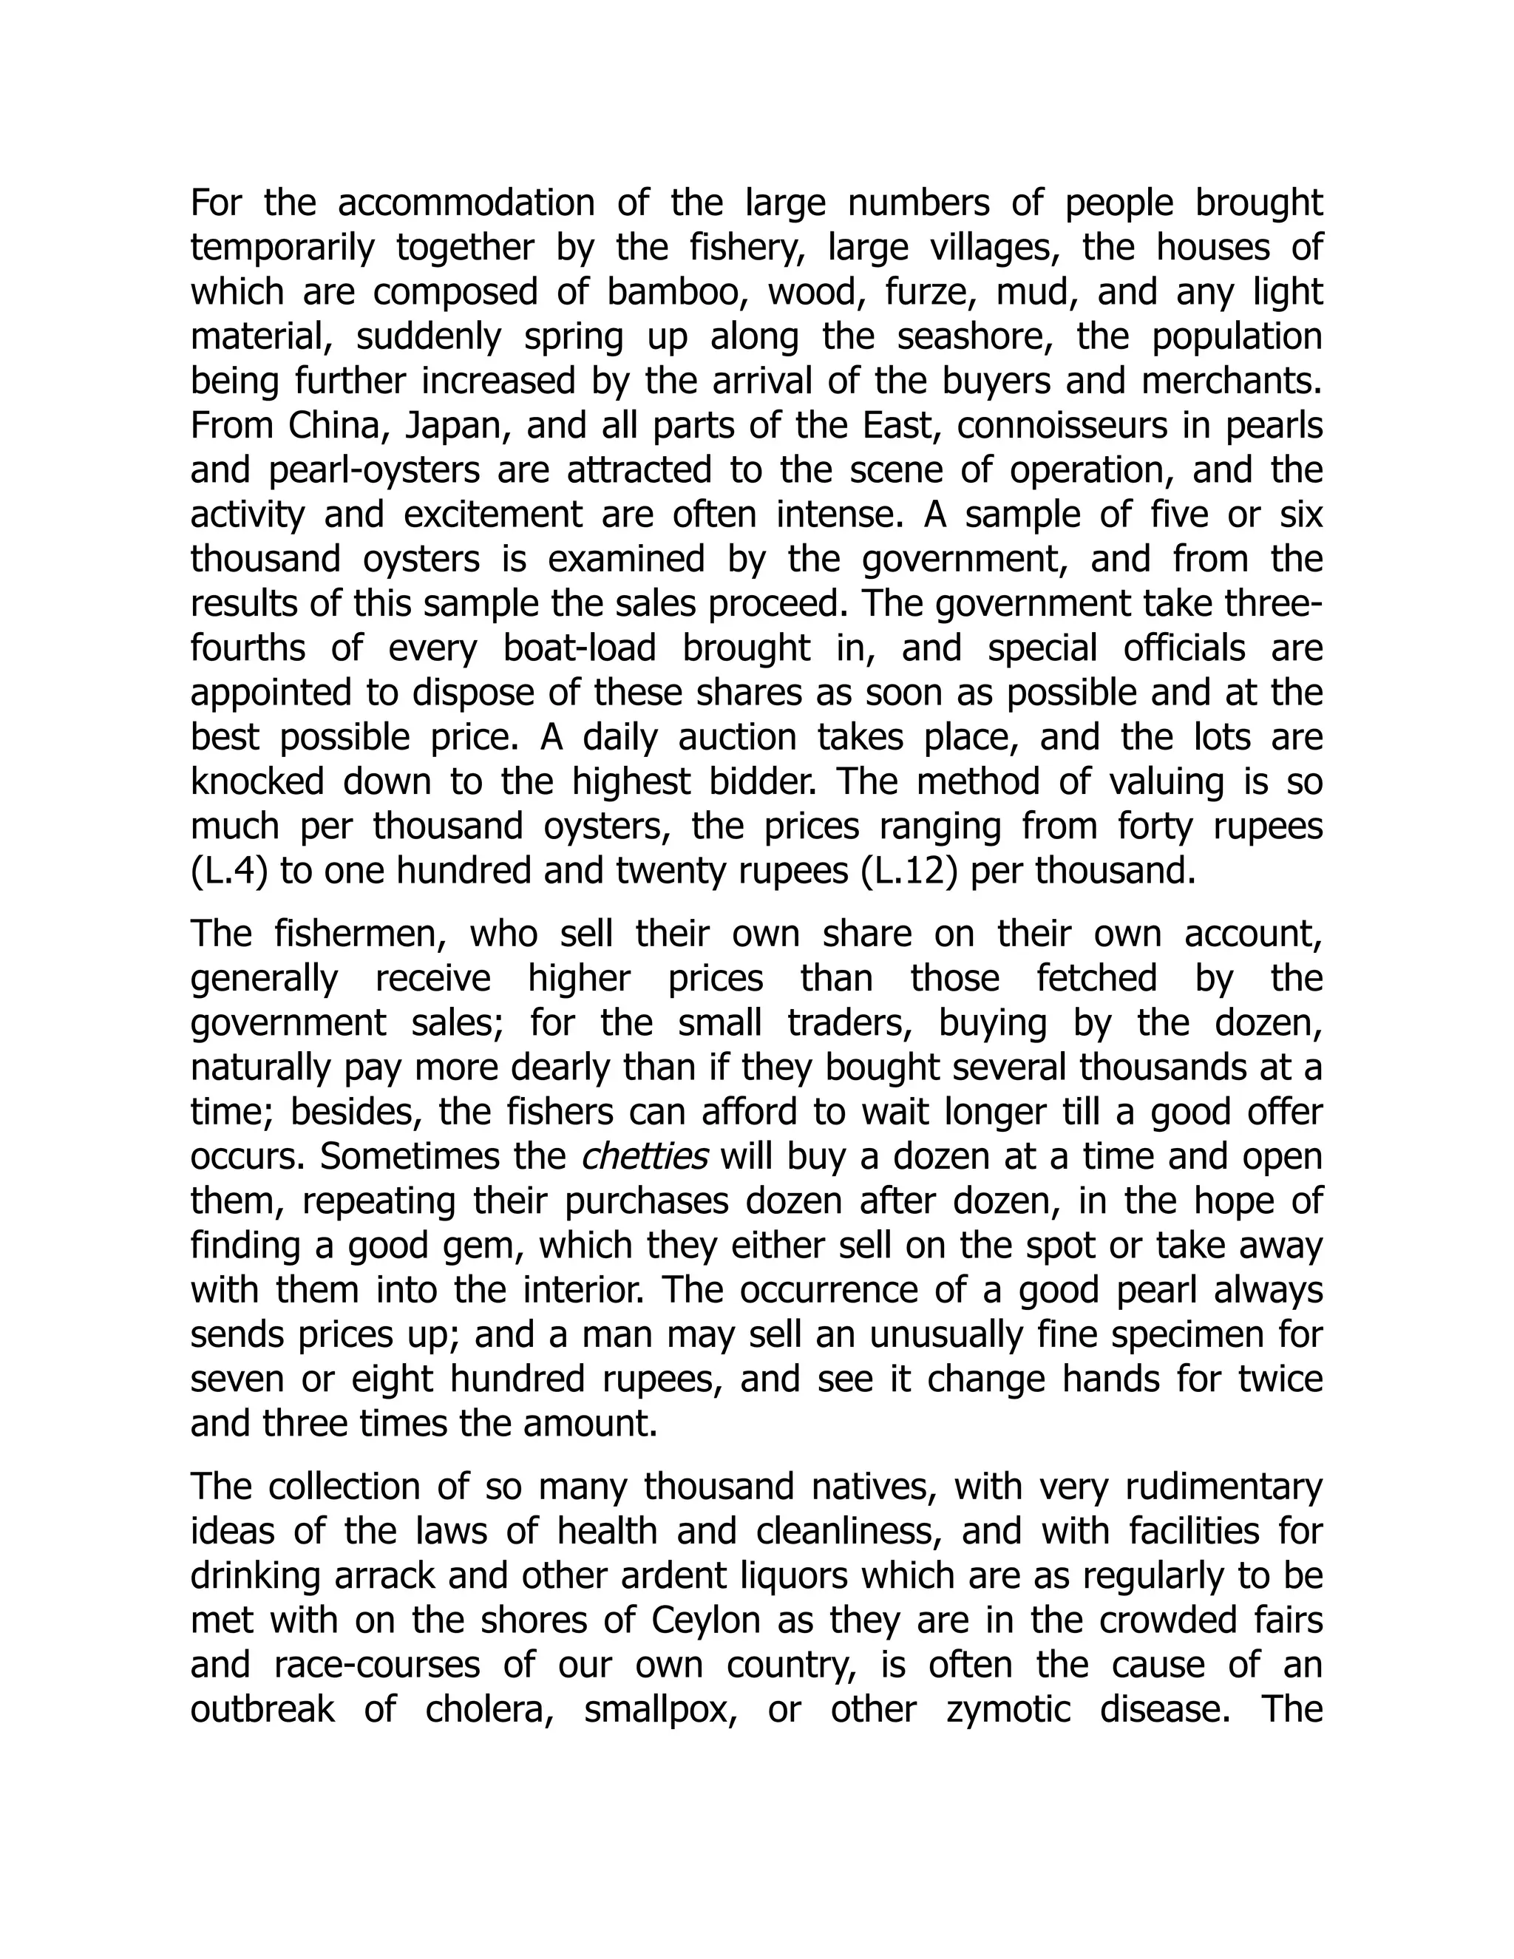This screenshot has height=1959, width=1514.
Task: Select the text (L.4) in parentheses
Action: pos(228,872)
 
